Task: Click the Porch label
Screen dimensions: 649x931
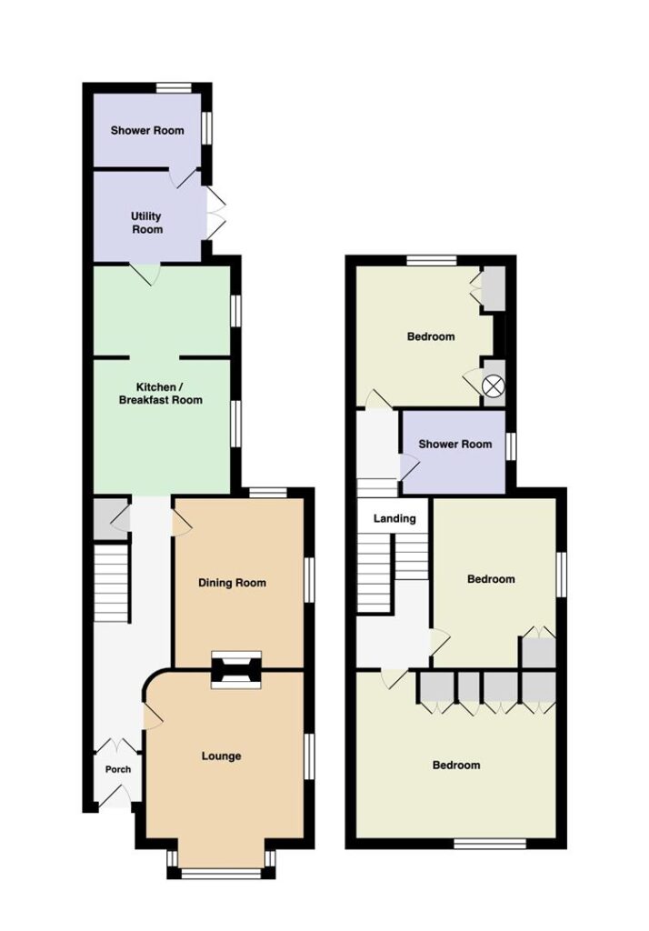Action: [x=117, y=769]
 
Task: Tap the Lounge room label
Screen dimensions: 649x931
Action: [x=222, y=756]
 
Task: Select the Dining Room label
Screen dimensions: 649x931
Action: [x=232, y=583]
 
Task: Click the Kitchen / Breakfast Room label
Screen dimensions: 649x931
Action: [x=160, y=393]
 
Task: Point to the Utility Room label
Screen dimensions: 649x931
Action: [x=146, y=223]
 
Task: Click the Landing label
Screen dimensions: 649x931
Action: [x=394, y=518]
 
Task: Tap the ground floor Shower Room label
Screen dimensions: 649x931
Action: [x=147, y=130]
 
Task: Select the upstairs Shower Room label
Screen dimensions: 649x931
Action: [x=455, y=444]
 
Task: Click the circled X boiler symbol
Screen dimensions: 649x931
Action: [x=494, y=386]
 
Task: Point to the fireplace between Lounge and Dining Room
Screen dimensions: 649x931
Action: [x=236, y=670]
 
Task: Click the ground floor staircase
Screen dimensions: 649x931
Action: [x=112, y=585]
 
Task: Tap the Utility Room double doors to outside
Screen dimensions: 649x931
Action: [x=216, y=215]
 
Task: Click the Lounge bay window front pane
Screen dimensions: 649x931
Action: [x=222, y=873]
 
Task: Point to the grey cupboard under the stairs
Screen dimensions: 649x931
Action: [x=111, y=518]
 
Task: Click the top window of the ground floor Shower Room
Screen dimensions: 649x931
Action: [x=174, y=88]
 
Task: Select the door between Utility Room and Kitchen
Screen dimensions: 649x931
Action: [x=145, y=274]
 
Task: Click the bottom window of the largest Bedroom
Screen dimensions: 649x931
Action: [x=490, y=843]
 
